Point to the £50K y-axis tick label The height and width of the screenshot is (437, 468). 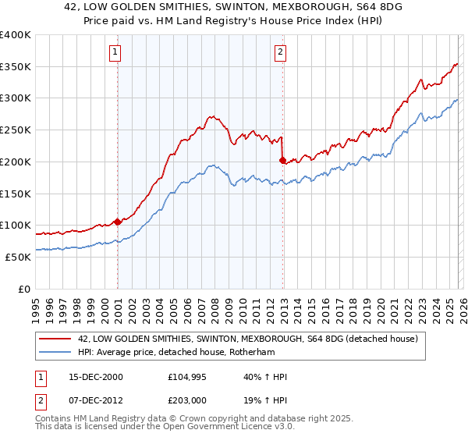pyautogui.click(x=18, y=257)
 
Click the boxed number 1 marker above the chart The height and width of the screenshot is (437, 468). pyautogui.click(x=115, y=52)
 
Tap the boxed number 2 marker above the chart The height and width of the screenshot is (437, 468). pyautogui.click(x=280, y=52)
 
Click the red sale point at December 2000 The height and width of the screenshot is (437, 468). pyautogui.click(x=118, y=222)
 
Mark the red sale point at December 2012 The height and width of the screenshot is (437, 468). pyautogui.click(x=282, y=160)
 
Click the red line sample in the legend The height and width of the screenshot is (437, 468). pyautogui.click(x=55, y=339)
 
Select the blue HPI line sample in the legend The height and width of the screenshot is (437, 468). pyautogui.click(x=55, y=352)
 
